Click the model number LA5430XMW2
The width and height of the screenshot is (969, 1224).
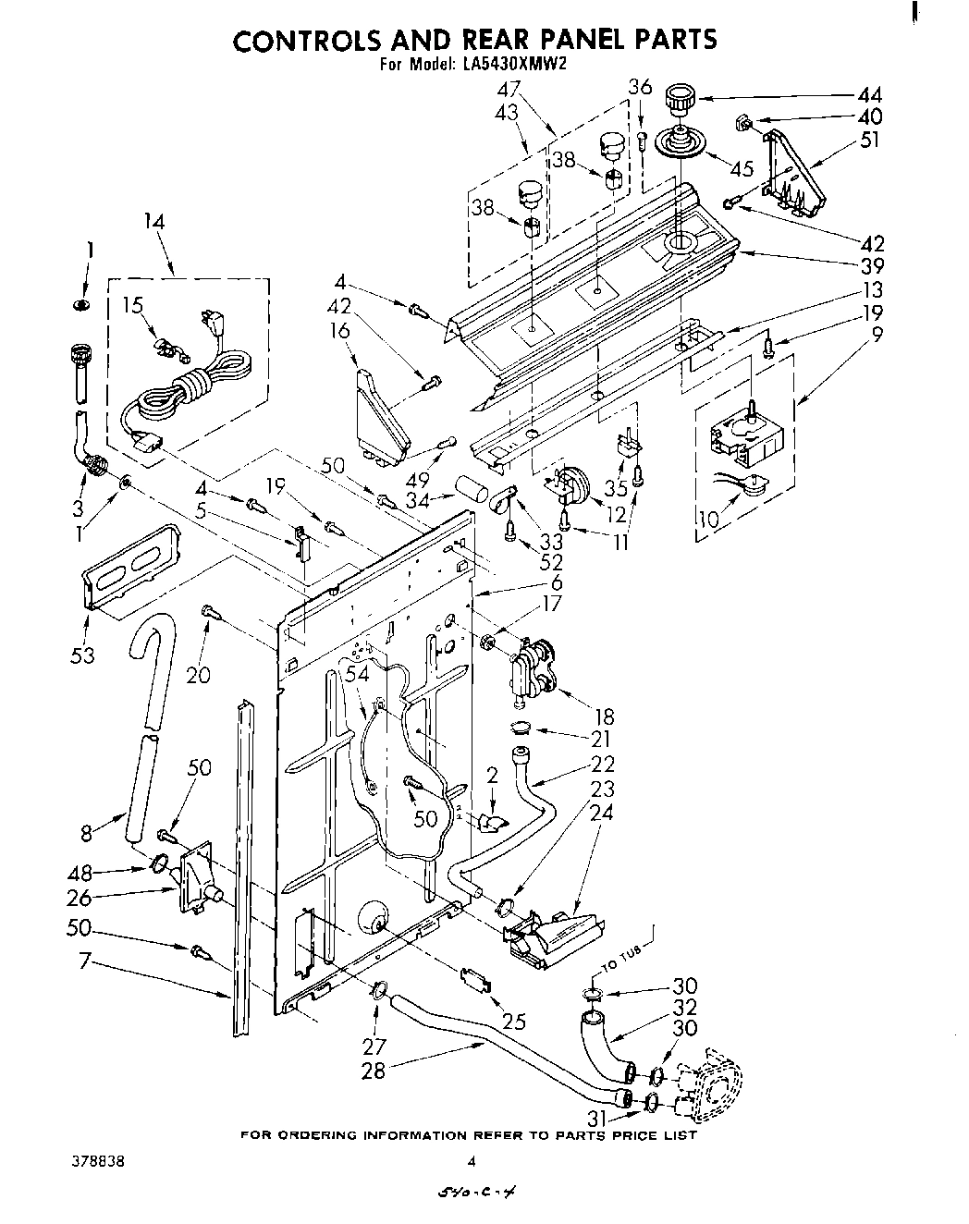point(511,65)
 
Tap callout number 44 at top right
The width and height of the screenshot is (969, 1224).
point(869,94)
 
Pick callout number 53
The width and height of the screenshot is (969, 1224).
point(82,656)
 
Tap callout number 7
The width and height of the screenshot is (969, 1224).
point(84,961)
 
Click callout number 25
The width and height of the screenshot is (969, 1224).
point(513,1021)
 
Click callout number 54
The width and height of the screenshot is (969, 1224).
point(356,677)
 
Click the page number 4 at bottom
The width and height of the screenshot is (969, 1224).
point(472,1162)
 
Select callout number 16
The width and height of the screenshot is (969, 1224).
point(340,331)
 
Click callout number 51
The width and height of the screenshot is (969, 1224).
point(869,141)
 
